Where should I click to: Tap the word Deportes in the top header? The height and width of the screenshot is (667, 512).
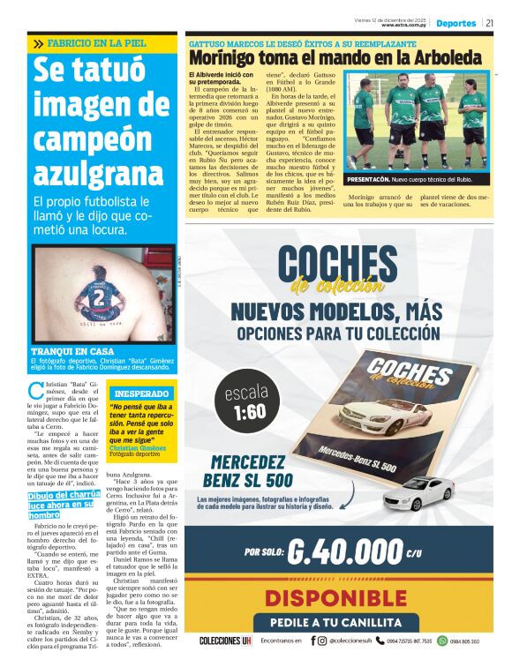(456, 23)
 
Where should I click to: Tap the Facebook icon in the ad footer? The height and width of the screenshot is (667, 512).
(312, 641)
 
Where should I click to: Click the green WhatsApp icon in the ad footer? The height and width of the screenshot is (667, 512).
(443, 641)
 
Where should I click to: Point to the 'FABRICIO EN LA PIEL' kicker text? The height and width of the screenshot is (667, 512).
(91, 42)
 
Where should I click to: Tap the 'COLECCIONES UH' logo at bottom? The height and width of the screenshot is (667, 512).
(225, 641)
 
